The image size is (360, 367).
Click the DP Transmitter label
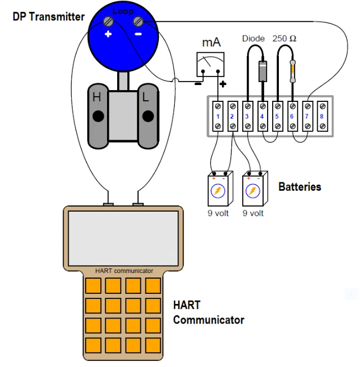[48, 16]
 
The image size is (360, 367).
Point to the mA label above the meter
[211, 43]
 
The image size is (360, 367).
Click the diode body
[262, 71]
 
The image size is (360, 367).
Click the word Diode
[253, 39]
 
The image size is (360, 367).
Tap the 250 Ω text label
[285, 39]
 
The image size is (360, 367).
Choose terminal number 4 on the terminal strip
[263, 117]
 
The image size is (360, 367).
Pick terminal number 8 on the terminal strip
[322, 117]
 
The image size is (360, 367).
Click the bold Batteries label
[300, 187]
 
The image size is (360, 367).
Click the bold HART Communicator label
[208, 313]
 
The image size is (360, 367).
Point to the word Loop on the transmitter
[123, 11]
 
